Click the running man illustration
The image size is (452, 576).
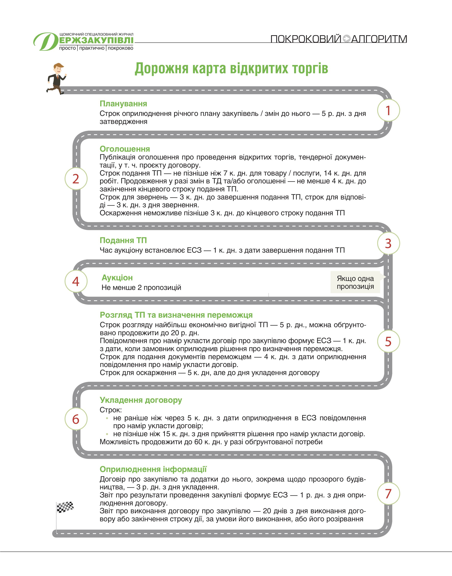56,78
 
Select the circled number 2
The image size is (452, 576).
76,179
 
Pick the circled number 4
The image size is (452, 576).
76,281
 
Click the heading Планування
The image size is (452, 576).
123,104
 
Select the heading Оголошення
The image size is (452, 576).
125,149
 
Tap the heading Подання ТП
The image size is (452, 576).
123,240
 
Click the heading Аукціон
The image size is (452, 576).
117,277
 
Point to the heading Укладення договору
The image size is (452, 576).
141,400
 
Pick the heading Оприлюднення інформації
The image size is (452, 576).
153,469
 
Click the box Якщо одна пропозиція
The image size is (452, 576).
355,282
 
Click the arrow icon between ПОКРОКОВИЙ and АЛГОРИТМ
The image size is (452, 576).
346,39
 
